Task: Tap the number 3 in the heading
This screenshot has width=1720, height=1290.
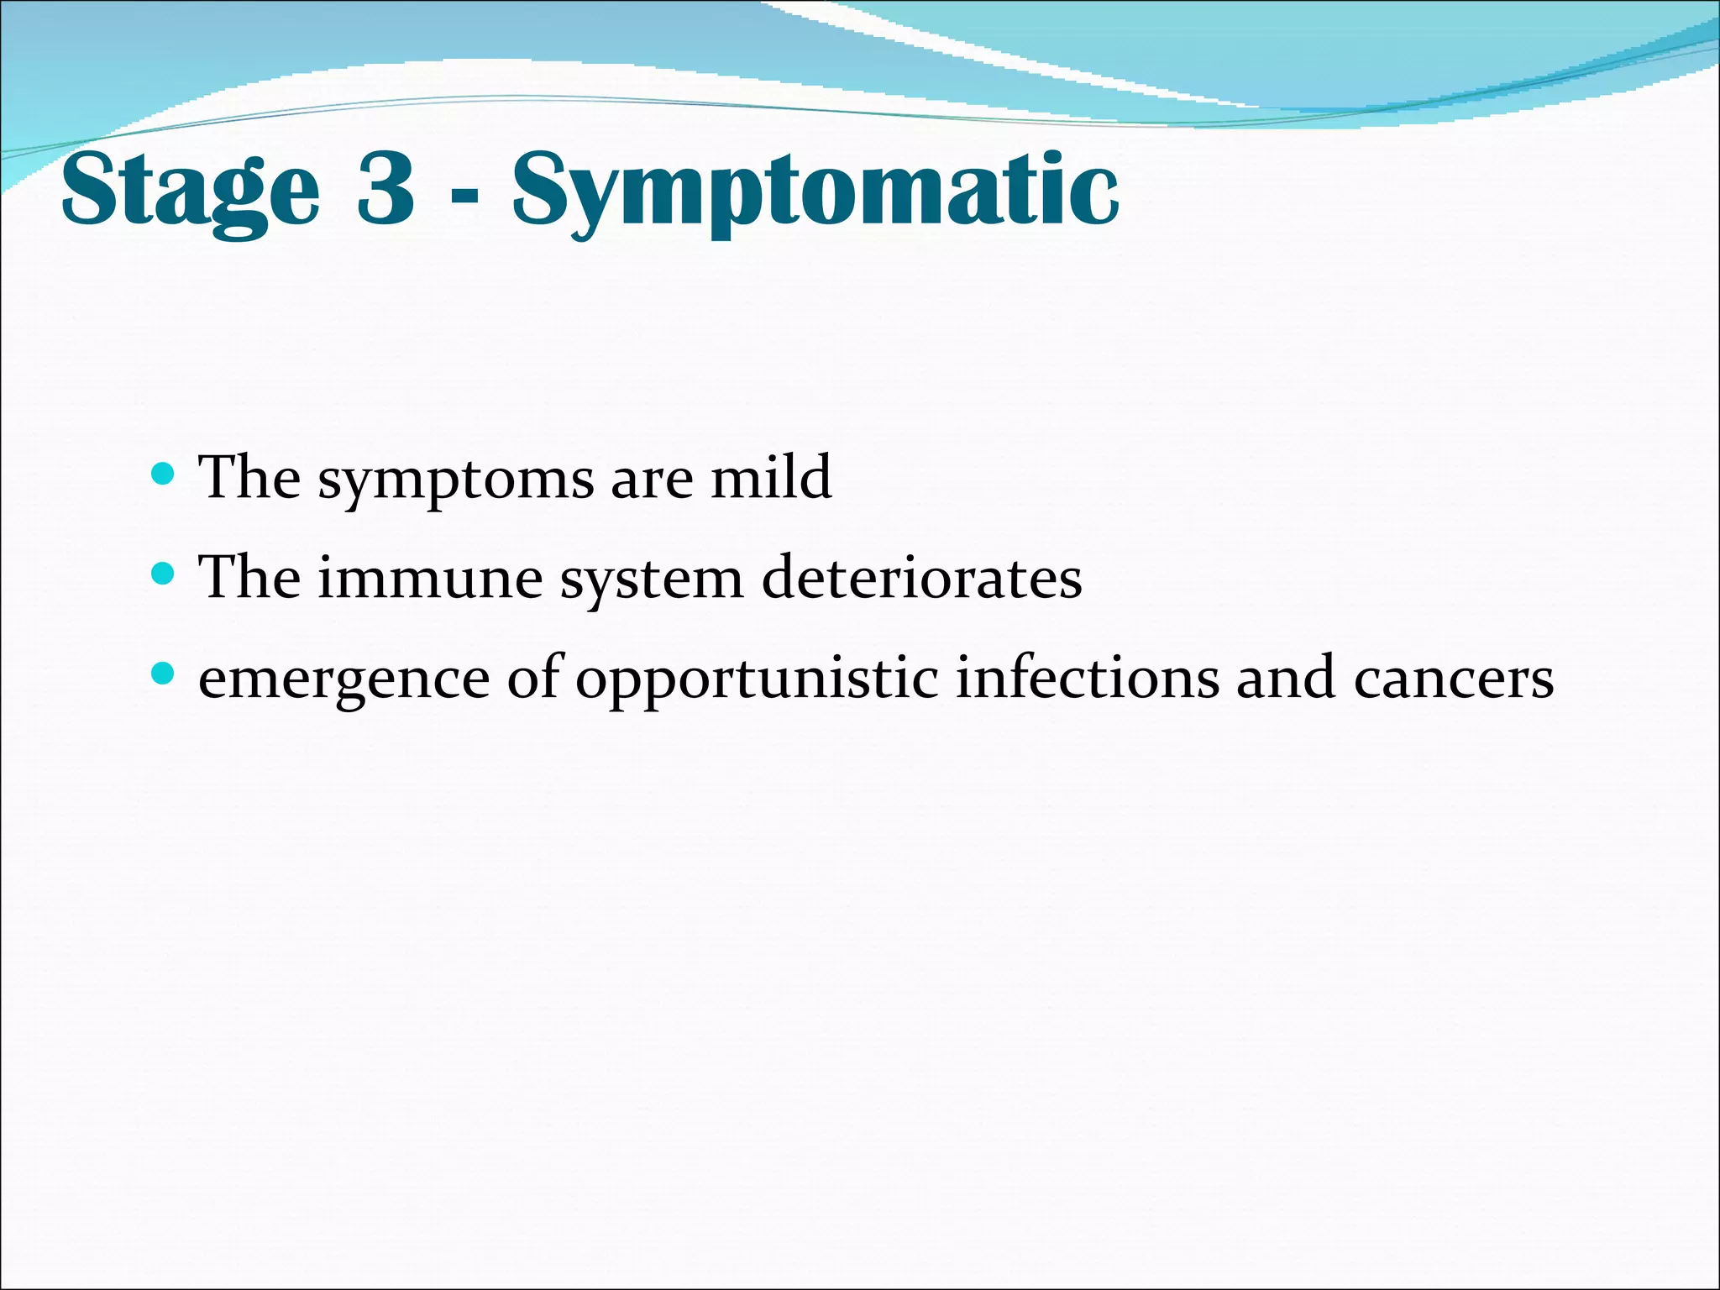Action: [385, 188]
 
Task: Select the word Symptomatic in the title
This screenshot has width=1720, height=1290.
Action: [815, 191]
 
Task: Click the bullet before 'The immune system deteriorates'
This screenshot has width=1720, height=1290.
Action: [163, 575]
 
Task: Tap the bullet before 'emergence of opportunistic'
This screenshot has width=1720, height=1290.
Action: [163, 674]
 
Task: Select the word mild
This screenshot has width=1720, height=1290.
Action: [771, 477]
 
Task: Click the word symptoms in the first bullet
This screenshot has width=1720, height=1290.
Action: [455, 480]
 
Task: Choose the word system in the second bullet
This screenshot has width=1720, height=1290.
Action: [652, 581]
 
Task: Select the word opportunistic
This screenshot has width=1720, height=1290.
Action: [756, 680]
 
